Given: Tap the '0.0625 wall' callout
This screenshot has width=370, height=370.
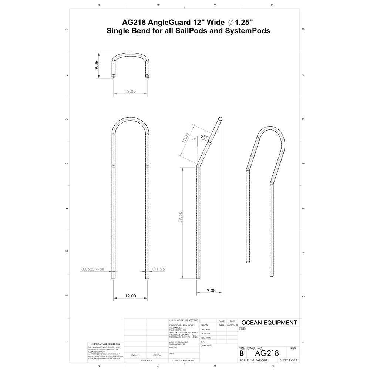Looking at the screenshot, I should tap(92, 269).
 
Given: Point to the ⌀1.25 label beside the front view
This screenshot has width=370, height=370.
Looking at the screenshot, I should tap(158, 269).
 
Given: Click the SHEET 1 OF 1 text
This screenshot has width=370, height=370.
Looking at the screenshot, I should tap(289, 360).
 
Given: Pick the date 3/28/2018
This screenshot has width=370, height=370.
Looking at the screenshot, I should tap(232, 325).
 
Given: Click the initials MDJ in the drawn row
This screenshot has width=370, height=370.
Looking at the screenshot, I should tap(221, 325).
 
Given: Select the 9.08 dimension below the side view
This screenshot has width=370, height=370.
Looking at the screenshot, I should tap(211, 291).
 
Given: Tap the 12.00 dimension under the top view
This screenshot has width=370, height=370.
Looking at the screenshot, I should tap(130, 91).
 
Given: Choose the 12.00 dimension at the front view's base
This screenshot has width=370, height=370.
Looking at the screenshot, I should tap(130, 296).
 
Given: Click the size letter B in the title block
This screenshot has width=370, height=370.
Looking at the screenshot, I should tap(242, 353).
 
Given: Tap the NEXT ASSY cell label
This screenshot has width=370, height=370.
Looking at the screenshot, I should tap(135, 355).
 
